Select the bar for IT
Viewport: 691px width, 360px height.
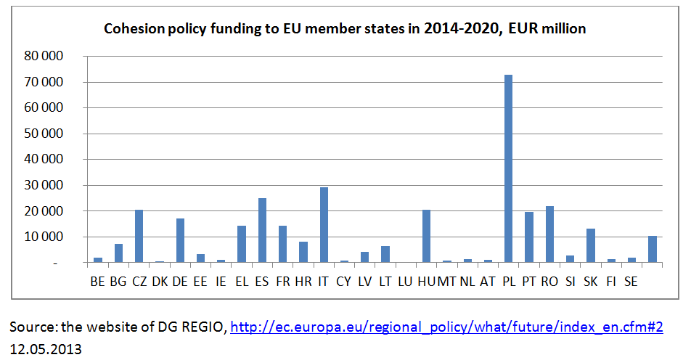324,225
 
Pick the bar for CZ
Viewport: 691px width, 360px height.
139,236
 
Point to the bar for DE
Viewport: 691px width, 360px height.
180,240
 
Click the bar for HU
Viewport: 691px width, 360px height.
426,236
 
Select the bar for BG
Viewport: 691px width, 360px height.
118,253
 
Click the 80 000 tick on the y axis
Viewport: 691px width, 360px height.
44,56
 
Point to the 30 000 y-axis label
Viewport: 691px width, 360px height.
44,185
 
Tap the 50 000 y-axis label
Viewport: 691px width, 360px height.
44,134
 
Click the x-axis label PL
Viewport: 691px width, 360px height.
509,281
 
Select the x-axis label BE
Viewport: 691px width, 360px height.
97,281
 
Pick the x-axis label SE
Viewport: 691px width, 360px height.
631,281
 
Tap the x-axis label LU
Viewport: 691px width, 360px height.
406,281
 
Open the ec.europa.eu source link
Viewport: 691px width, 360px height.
446,328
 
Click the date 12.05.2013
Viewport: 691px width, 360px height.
45,349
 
